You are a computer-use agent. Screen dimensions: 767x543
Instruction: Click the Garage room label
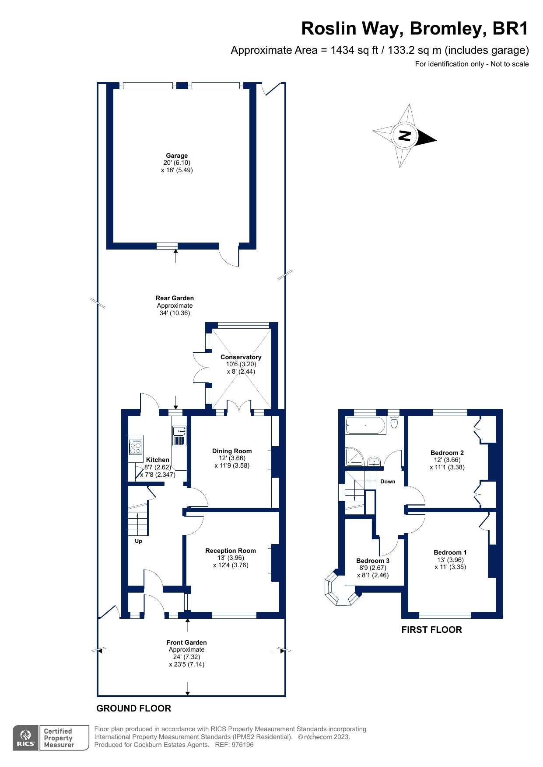pyautogui.click(x=177, y=156)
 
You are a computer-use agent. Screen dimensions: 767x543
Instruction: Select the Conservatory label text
pyautogui.click(x=241, y=357)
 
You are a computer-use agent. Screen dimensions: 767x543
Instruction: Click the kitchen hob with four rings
pyautogui.click(x=136, y=447)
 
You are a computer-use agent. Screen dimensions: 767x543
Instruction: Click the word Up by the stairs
pyautogui.click(x=138, y=541)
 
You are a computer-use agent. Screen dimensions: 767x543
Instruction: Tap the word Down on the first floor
pyautogui.click(x=388, y=482)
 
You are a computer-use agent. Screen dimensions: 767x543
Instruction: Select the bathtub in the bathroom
pyautogui.click(x=366, y=425)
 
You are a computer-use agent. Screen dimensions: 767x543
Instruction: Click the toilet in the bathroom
pyautogui.click(x=394, y=422)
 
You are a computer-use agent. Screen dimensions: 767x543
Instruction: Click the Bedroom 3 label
pyautogui.click(x=373, y=561)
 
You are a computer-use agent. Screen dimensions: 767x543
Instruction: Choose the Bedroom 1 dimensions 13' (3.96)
pyautogui.click(x=450, y=560)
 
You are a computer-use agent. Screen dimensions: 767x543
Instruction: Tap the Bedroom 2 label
pyautogui.click(x=447, y=453)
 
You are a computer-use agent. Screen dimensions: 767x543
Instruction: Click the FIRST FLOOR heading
pyautogui.click(x=431, y=630)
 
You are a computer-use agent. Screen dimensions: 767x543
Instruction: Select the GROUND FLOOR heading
pyautogui.click(x=133, y=708)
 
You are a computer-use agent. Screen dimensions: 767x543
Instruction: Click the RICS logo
pyautogui.click(x=26, y=738)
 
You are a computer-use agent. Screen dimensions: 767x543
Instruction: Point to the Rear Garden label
pyautogui.click(x=175, y=298)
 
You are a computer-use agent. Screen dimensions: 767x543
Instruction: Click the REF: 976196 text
pyautogui.click(x=235, y=745)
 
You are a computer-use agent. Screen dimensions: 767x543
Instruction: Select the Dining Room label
pyautogui.click(x=232, y=451)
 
